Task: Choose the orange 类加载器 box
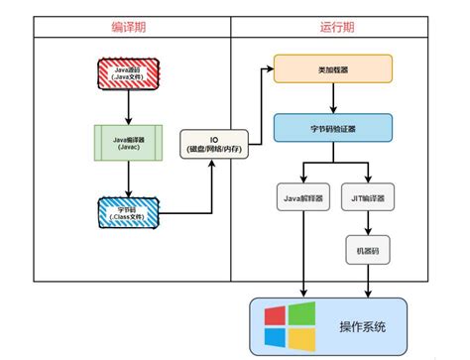333,68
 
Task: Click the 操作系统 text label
361,326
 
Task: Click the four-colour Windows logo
290,326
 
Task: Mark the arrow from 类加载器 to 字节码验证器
333,98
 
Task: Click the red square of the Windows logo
277,315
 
